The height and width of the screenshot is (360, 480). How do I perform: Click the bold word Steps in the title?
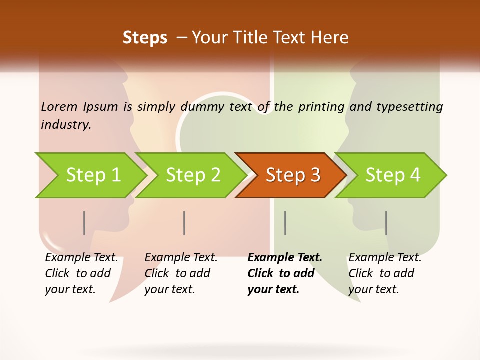pyautogui.click(x=145, y=38)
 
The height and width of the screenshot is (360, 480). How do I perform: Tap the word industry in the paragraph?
pyautogui.click(x=66, y=125)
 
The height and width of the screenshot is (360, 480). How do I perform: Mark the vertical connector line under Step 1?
pyautogui.click(x=84, y=223)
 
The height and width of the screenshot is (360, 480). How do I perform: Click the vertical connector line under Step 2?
pyautogui.click(x=184, y=223)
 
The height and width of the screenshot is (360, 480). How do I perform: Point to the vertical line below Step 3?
pyautogui.click(x=285, y=223)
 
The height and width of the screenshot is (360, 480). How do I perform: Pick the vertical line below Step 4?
pyautogui.click(x=386, y=223)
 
